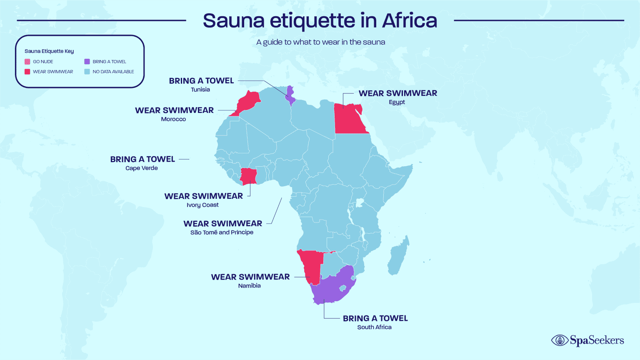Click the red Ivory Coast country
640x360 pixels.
tap(249, 176)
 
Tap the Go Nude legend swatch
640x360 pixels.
tap(27, 62)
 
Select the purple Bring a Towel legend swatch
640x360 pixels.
tap(87, 62)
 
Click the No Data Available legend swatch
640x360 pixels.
tap(87, 72)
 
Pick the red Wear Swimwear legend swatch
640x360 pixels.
tap(27, 72)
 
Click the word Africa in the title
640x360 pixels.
tap(410, 20)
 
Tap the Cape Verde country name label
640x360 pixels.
tap(142, 168)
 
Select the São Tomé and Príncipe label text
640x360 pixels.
tap(222, 232)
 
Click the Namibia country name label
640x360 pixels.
tap(249, 286)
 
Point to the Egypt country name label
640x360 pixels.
tap(397, 102)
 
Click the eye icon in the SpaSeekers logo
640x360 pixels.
tap(560, 340)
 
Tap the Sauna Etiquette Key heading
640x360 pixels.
tap(49, 51)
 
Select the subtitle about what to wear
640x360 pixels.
tap(320, 42)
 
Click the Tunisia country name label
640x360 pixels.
tap(200, 90)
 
